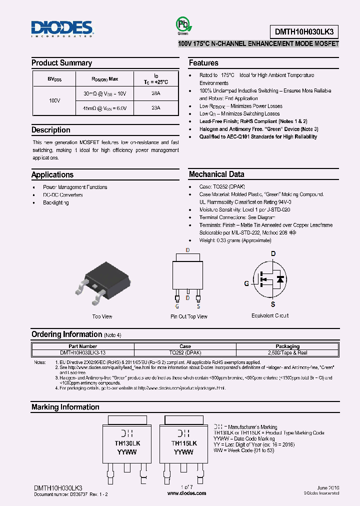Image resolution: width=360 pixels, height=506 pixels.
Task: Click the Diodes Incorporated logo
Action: (x=61, y=29)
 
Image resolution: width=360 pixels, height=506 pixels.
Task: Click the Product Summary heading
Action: (x=61, y=63)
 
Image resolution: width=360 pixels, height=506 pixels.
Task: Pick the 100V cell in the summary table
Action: (x=54, y=100)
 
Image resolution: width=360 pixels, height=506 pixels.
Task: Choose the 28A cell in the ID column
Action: (x=155, y=93)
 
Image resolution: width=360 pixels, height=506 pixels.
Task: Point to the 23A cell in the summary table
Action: (x=155, y=107)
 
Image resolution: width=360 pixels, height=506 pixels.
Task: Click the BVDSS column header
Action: (x=54, y=79)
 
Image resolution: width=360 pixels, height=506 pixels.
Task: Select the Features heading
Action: (x=203, y=63)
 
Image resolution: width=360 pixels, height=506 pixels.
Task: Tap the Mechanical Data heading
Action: (x=216, y=174)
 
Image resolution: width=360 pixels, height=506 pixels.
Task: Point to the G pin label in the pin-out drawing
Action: (x=177, y=306)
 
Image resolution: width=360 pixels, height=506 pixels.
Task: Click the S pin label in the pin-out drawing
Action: (x=198, y=306)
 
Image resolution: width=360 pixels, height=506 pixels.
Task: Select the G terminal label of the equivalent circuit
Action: (x=246, y=283)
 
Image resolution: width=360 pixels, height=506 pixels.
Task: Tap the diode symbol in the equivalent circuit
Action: (x=280, y=279)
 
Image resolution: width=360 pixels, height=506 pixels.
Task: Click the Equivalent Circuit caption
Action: (x=270, y=315)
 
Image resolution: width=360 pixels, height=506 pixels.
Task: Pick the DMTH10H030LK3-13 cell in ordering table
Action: (x=82, y=352)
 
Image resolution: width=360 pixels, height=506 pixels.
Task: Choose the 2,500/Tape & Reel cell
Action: (x=287, y=352)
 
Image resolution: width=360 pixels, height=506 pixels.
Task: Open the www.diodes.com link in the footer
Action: (x=186, y=493)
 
